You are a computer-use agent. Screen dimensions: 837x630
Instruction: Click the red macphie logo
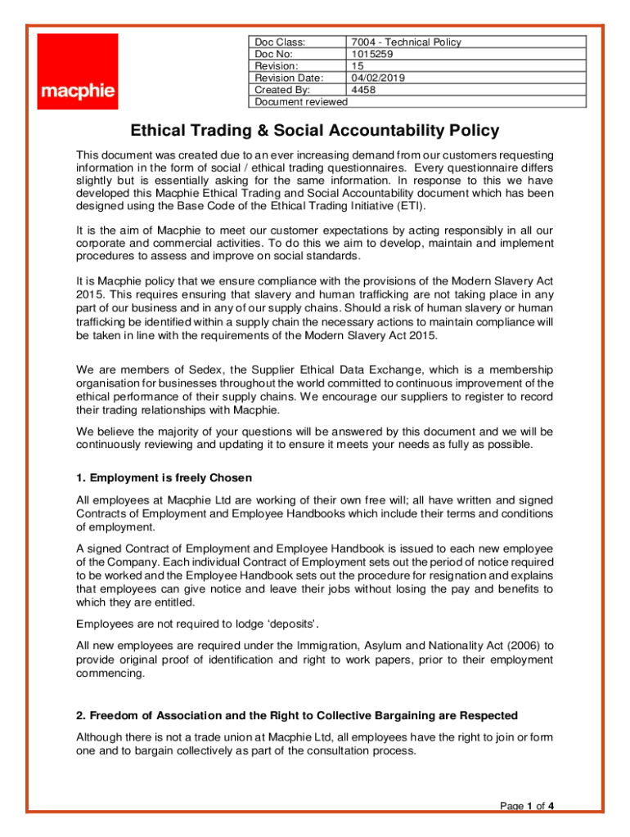click(x=78, y=71)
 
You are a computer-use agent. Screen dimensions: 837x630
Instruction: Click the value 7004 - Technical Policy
click(x=406, y=43)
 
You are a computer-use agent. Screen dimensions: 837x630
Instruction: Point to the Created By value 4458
click(x=363, y=90)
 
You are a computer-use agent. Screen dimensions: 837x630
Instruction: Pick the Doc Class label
click(x=280, y=43)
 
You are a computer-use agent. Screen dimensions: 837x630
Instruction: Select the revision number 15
click(x=357, y=66)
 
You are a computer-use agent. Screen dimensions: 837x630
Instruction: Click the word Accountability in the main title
click(x=380, y=131)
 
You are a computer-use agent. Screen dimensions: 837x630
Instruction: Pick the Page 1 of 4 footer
click(x=527, y=807)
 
